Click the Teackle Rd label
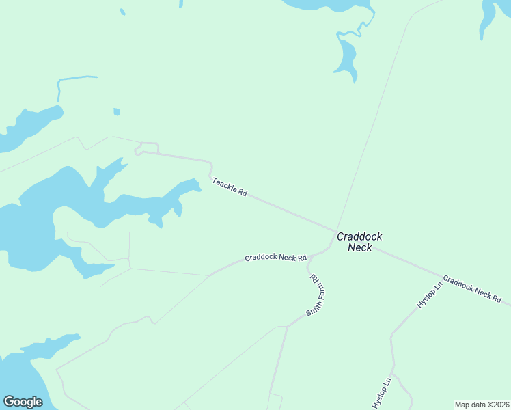230,187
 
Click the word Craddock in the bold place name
359,236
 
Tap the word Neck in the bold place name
359,247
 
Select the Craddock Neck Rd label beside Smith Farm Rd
276,258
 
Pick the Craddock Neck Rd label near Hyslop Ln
472,290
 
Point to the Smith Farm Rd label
314,294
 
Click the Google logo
23,402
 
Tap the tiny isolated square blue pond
117,112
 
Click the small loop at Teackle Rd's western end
140,150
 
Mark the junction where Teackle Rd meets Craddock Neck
335,231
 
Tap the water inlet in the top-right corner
489,17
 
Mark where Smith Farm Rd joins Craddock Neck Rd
309,258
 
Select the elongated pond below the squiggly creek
346,58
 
